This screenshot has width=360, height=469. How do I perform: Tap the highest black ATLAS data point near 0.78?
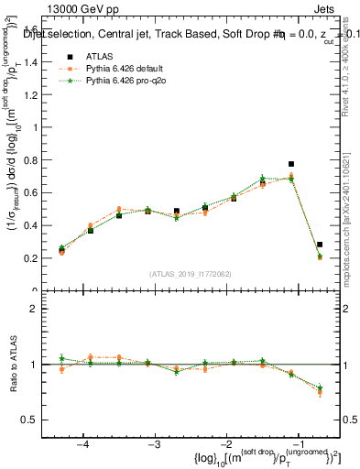pos(291,164)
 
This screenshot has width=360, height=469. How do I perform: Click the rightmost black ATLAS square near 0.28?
pos(319,245)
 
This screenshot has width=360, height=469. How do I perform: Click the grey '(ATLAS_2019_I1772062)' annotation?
pos(191,274)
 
